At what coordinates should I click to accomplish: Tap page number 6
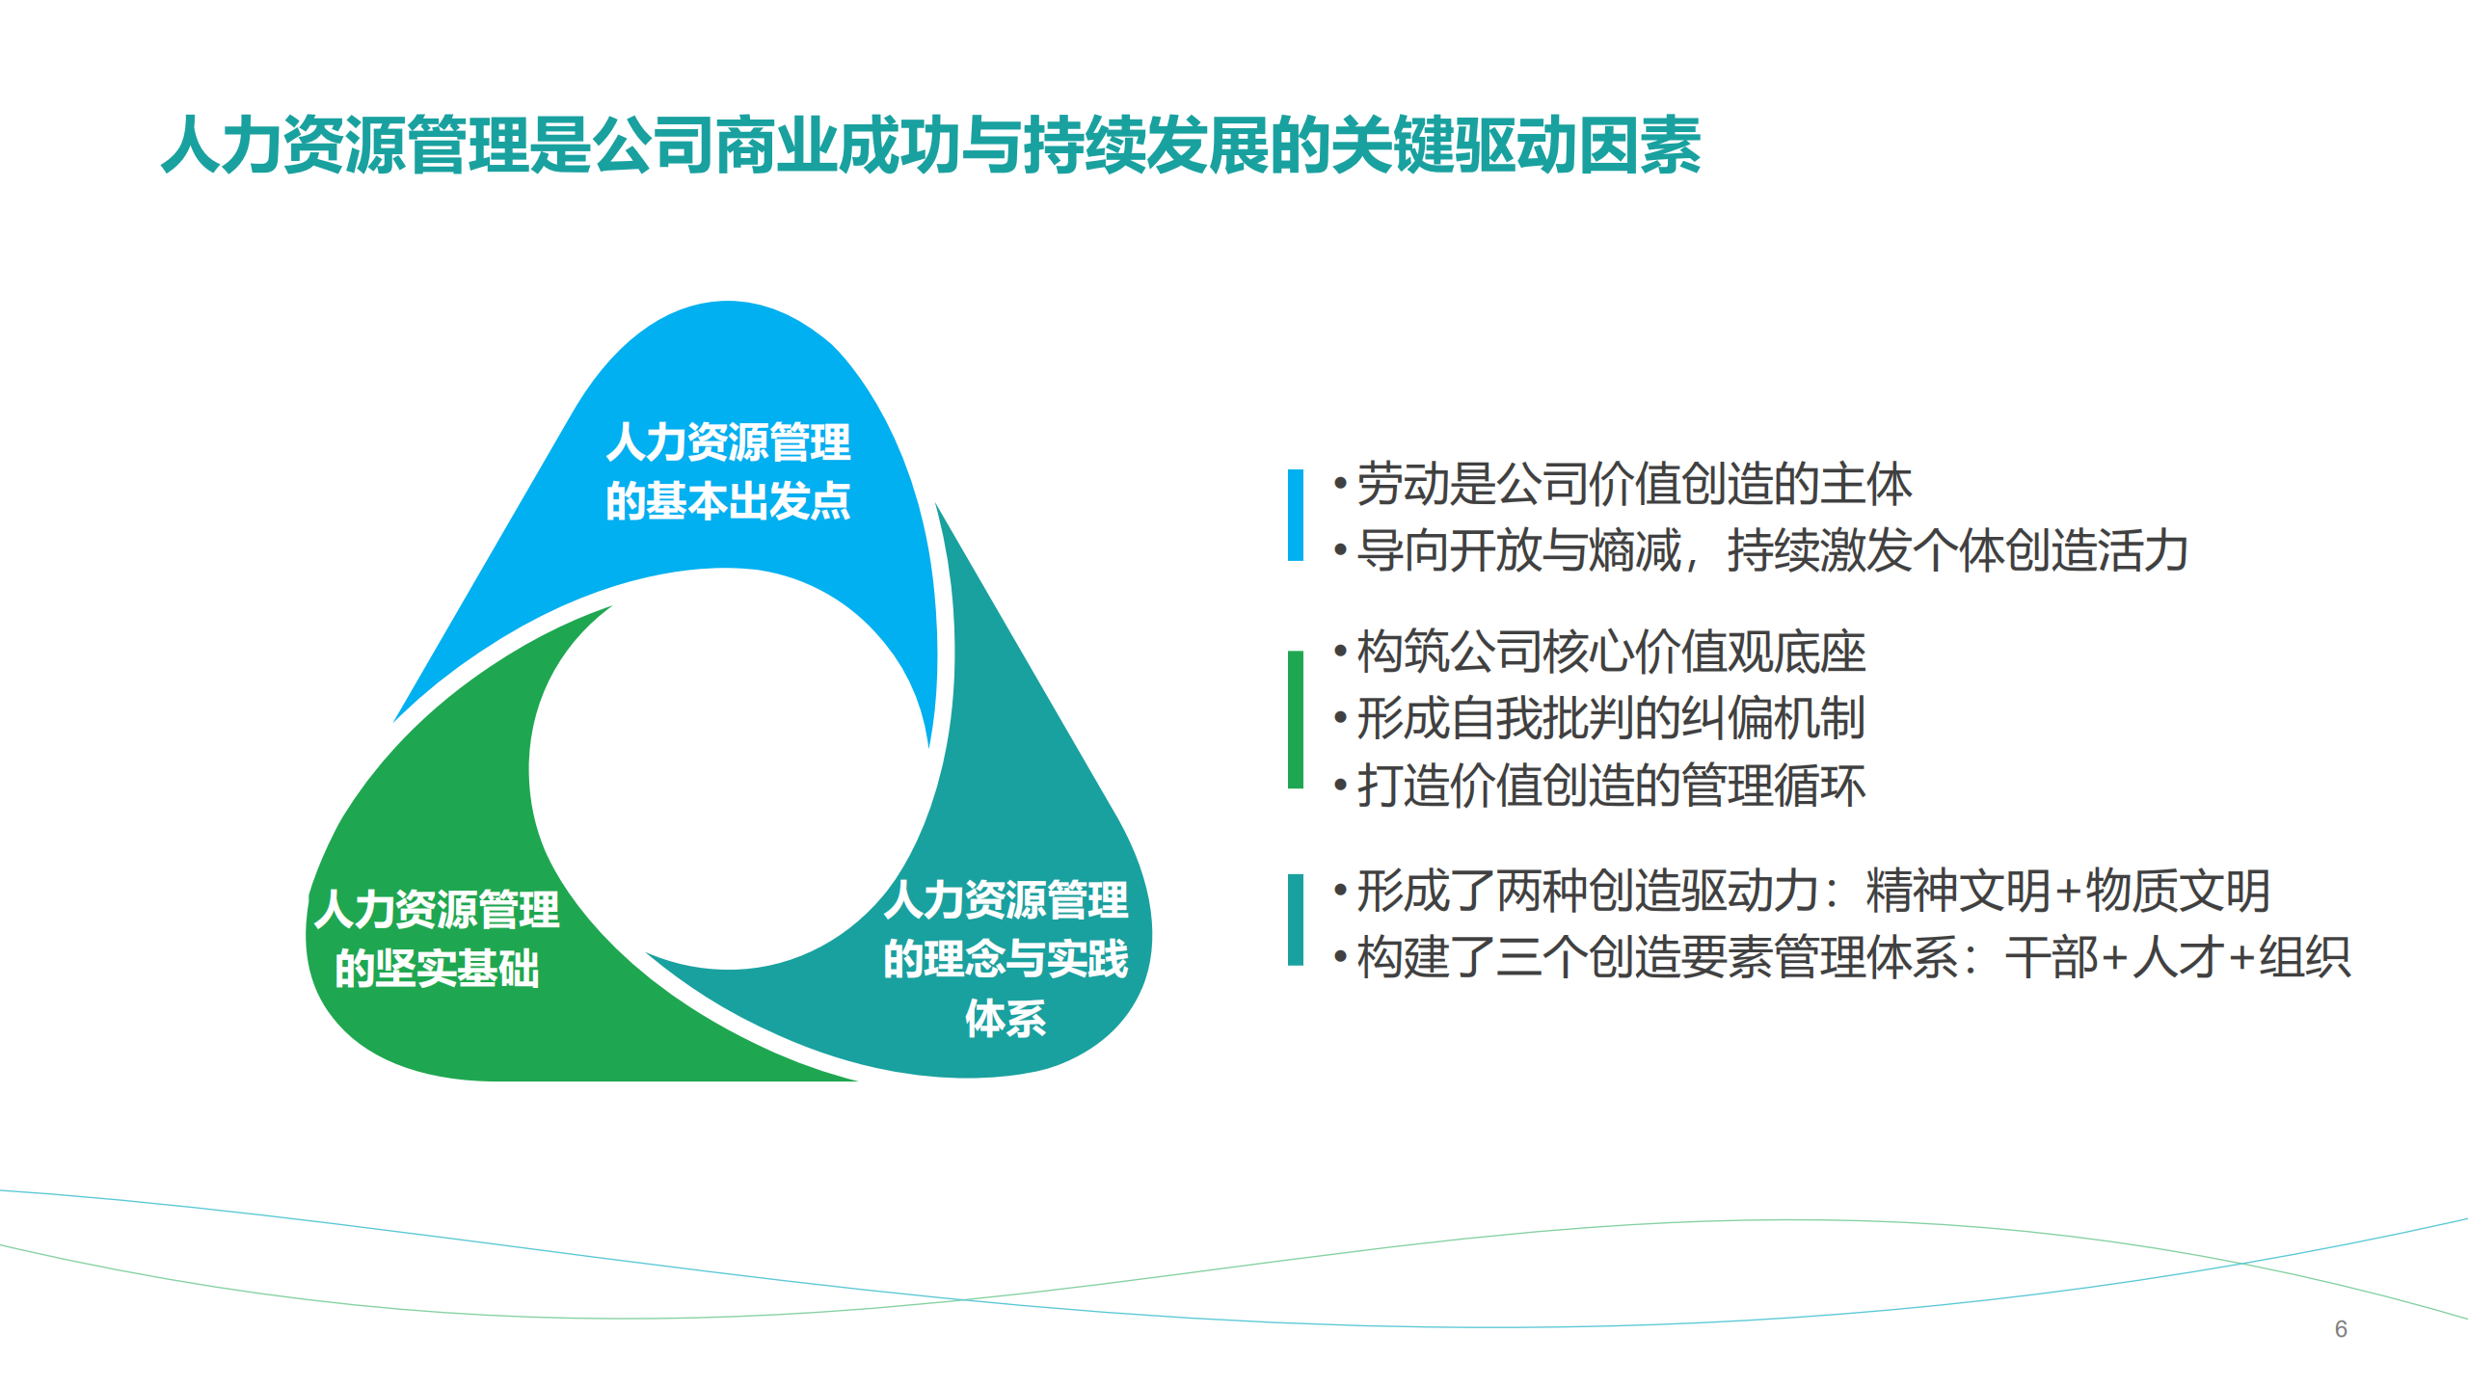[2340, 1329]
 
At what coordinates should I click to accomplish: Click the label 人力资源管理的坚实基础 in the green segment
[437, 939]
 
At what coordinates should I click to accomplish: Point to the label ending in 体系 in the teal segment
[1006, 959]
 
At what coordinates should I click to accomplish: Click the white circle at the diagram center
[728, 771]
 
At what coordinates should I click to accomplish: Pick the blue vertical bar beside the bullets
[1295, 515]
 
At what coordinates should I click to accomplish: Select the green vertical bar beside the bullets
[1295, 719]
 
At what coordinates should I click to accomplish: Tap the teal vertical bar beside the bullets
[1295, 920]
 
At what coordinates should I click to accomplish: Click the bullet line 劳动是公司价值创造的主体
[1633, 484]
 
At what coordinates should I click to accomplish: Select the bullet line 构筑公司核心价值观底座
[1610, 653]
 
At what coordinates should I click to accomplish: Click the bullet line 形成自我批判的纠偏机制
[1610, 719]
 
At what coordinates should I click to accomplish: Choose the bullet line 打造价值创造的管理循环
[1610, 786]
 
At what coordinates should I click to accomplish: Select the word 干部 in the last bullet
[2052, 958]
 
